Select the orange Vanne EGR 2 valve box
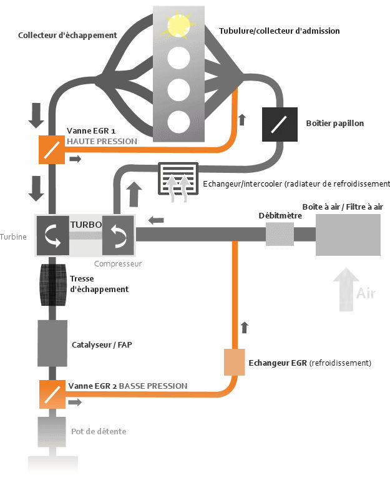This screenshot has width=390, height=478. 52,394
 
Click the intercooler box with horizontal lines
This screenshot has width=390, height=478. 177,178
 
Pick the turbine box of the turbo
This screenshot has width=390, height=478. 52,235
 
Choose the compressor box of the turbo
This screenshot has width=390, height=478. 118,235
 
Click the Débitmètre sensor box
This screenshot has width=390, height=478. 280,235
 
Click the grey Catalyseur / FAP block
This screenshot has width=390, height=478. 52,343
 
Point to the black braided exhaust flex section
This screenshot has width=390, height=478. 52,285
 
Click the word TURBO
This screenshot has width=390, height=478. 85,224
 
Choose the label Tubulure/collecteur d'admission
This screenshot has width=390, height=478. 280,31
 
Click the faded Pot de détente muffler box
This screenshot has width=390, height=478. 52,432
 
